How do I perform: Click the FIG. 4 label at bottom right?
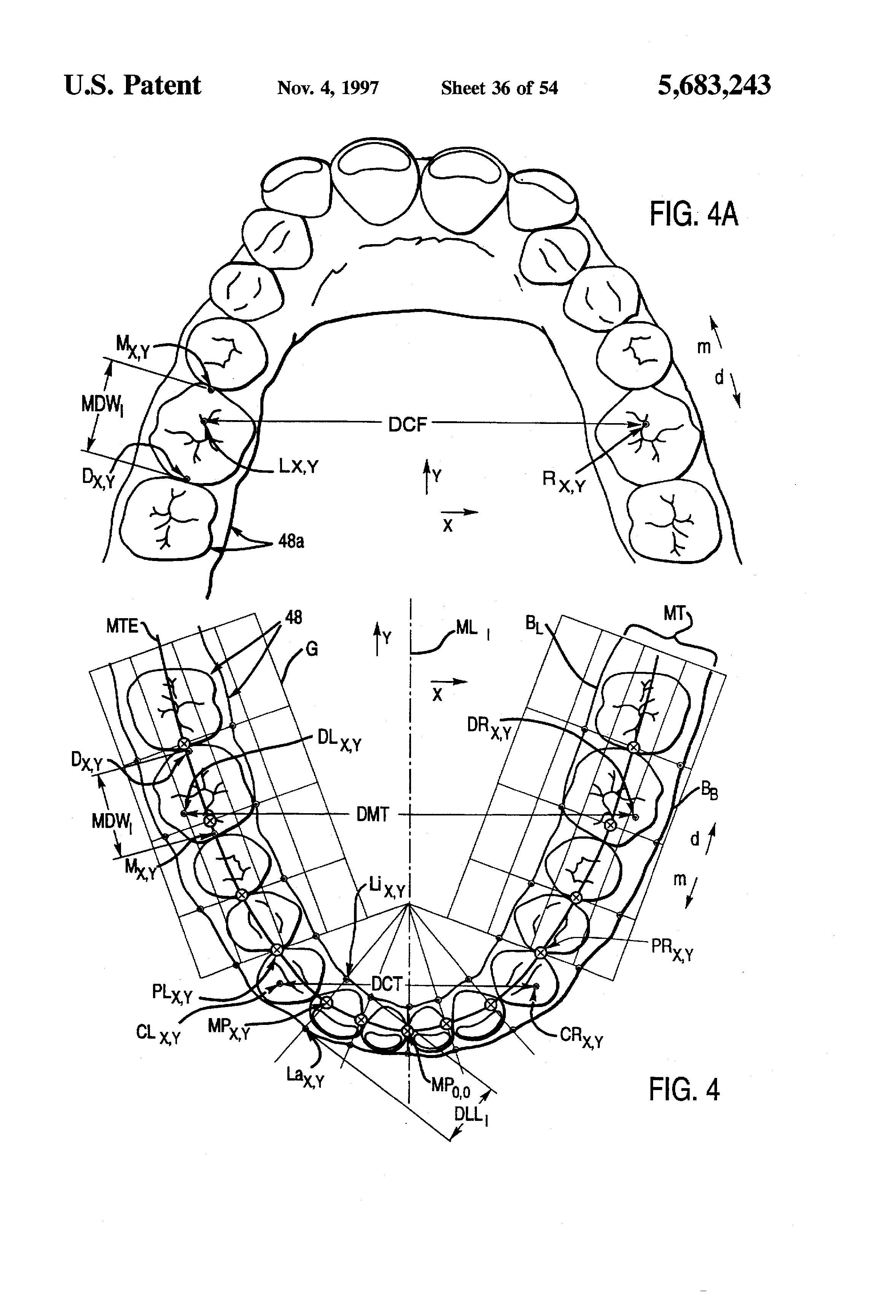pyautogui.click(x=684, y=1089)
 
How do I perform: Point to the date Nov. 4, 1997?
pyautogui.click(x=328, y=88)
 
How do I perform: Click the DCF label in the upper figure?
pyautogui.click(x=408, y=425)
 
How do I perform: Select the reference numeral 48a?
pyautogui.click(x=291, y=541)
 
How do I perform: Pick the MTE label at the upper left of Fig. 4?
pyautogui.click(x=122, y=626)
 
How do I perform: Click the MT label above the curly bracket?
pyautogui.click(x=674, y=613)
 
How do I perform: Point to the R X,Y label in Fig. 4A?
pyautogui.click(x=564, y=481)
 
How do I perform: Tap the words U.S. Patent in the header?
pyautogui.click(x=132, y=85)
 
